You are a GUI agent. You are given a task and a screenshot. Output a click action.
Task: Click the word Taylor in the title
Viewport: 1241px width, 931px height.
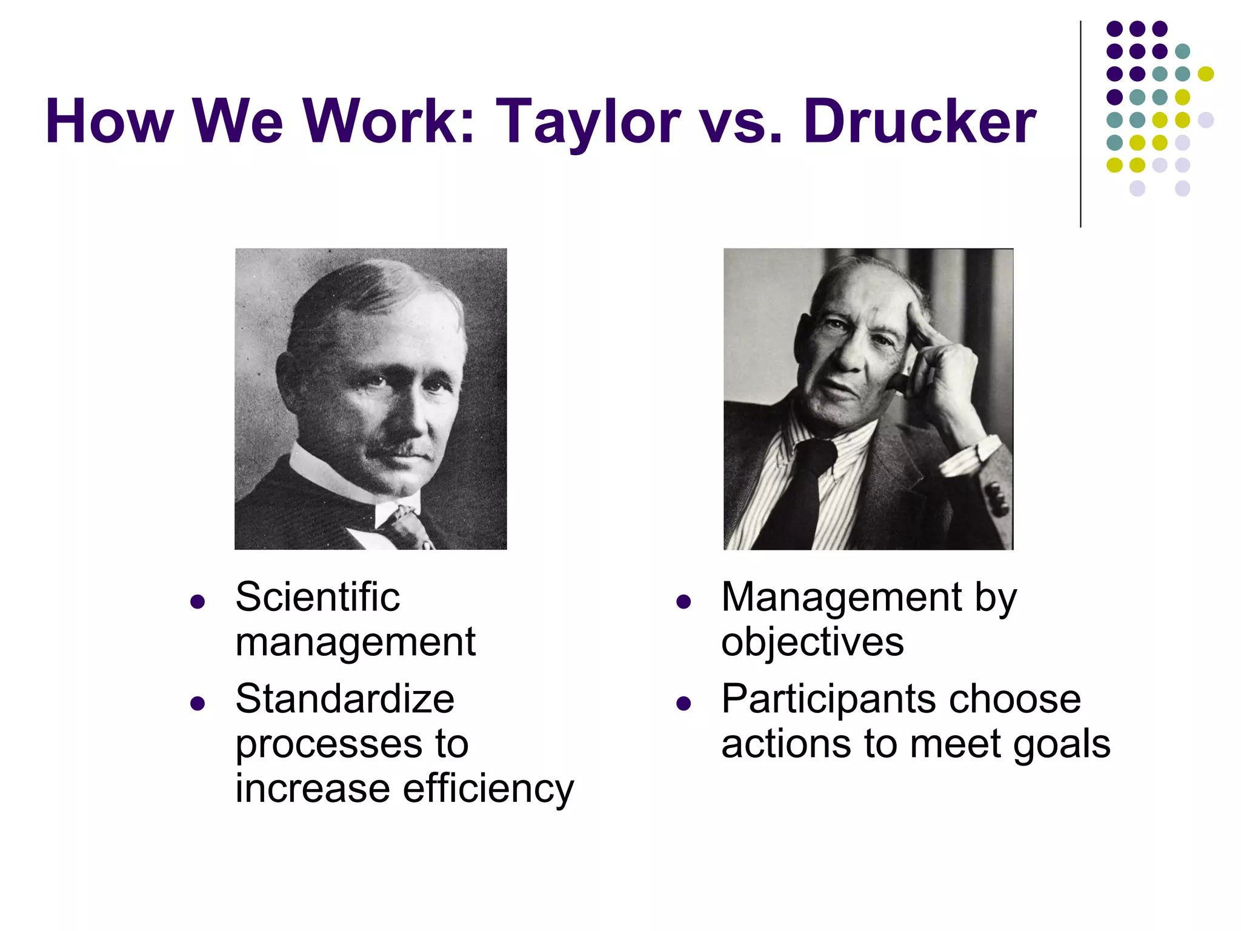point(588,121)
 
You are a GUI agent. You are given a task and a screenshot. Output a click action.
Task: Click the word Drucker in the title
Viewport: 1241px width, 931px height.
point(920,121)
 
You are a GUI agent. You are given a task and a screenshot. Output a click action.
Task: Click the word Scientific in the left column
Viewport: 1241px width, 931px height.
point(318,598)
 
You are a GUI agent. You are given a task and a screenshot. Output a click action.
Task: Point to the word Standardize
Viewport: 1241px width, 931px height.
point(345,699)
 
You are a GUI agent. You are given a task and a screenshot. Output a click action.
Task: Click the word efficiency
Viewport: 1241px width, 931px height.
point(488,789)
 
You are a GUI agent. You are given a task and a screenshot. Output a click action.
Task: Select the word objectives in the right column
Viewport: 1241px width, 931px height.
point(812,642)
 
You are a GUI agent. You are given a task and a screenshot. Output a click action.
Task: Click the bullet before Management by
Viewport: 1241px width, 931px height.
point(684,602)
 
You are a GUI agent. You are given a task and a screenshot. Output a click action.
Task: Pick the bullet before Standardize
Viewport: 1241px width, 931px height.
point(197,703)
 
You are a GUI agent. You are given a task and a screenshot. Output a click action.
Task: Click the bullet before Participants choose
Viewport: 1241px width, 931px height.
point(684,703)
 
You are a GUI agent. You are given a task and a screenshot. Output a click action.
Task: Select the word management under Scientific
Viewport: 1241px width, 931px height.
point(355,642)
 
